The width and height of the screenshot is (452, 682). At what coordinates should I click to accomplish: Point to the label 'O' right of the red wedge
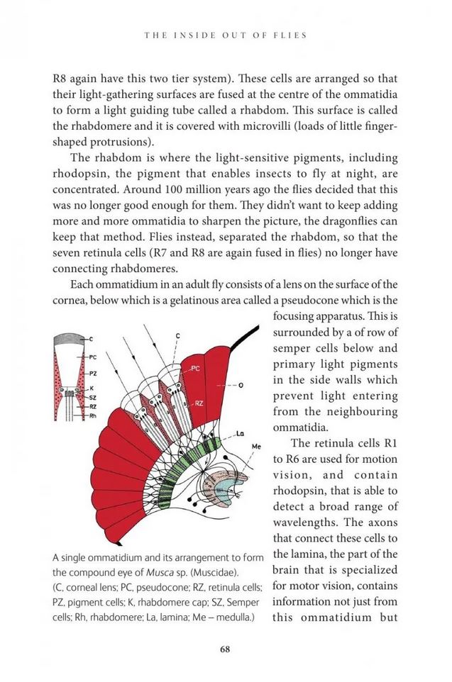(241, 385)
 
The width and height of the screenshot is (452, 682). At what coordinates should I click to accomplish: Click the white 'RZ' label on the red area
(199, 403)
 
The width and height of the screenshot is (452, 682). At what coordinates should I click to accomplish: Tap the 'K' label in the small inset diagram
(92, 388)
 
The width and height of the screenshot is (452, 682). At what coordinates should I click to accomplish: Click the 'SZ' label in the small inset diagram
(93, 398)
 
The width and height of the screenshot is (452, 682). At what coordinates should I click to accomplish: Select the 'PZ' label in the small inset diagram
(93, 372)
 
